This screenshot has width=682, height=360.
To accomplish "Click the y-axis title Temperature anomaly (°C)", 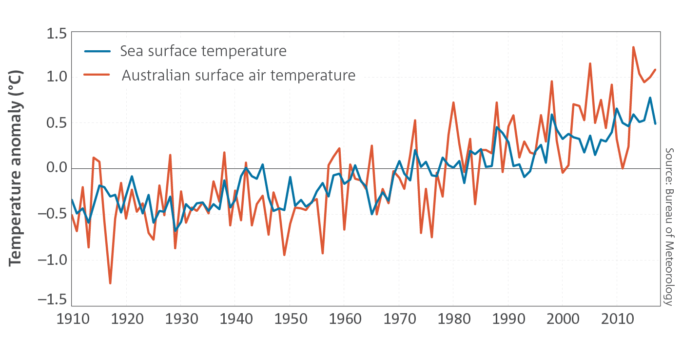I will (x=16, y=168).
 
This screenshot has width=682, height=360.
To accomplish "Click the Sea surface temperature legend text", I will (x=203, y=51).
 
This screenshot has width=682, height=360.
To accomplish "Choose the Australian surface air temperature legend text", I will (x=238, y=75).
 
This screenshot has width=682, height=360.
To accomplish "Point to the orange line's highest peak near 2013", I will (x=633, y=47).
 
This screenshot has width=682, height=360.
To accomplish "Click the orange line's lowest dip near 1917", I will (x=110, y=283).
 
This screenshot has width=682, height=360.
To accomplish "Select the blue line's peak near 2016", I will (x=650, y=98).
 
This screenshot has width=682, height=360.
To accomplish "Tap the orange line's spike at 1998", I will (x=551, y=81).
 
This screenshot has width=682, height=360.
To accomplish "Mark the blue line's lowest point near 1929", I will (x=175, y=231).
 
